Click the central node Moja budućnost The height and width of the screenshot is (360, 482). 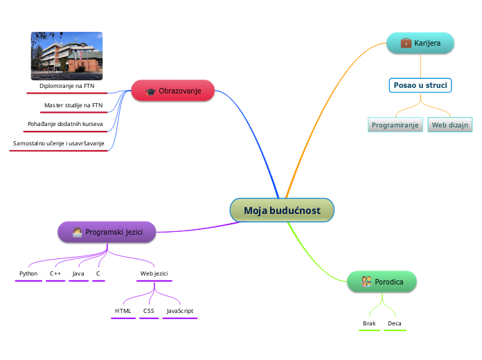282,210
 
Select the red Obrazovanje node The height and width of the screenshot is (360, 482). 173,91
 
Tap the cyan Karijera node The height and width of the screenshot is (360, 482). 420,43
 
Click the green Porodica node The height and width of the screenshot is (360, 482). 382,282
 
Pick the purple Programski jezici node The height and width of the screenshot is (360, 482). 107,232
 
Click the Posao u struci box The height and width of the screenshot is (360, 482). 420,85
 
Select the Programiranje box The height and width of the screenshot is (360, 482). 395,125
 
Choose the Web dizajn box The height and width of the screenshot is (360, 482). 450,125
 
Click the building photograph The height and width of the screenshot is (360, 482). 66,55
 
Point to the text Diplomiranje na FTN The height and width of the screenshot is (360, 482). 66,87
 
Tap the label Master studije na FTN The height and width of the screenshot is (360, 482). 73,105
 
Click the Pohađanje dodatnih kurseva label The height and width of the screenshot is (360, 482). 65,125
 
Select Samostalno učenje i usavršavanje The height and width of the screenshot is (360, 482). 58,143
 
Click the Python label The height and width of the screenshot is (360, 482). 28,273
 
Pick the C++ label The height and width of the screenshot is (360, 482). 55,273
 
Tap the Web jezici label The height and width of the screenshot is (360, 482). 154,273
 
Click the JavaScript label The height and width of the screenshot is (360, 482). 180,311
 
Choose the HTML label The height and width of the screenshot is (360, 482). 123,311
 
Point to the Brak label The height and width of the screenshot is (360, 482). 369,323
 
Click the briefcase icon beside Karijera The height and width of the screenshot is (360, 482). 406,43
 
